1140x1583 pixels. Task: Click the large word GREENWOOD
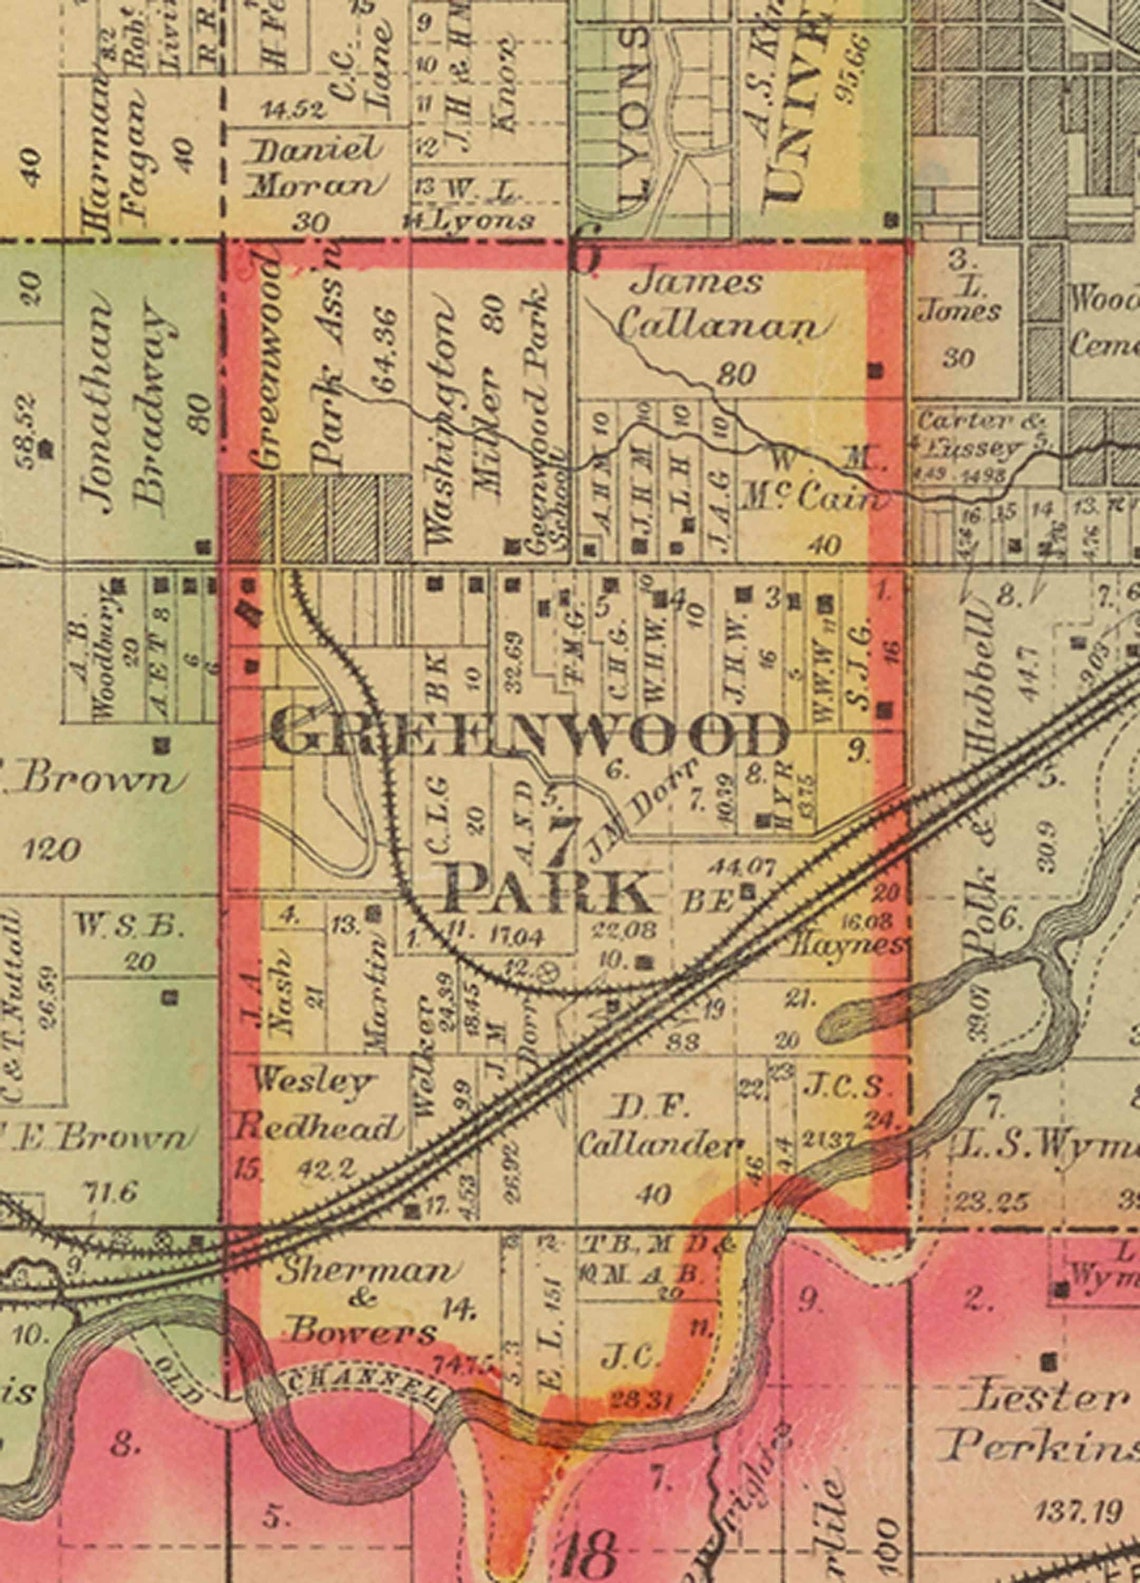(530, 736)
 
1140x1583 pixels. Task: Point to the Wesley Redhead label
(315, 1104)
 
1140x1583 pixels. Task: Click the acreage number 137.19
(1080, 1510)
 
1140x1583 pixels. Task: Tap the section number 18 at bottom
(590, 1553)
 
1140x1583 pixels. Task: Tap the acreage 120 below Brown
(50, 850)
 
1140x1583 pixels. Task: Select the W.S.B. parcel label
(130, 927)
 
